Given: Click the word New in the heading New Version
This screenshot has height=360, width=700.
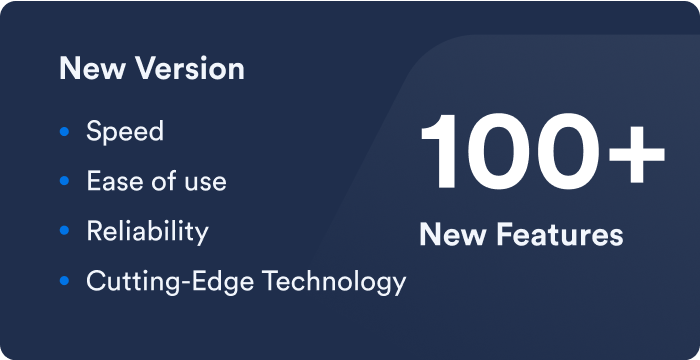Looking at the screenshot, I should pos(88,69).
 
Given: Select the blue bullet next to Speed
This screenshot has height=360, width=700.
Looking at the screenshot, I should pos(65,131).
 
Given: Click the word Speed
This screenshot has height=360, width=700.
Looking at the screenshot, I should pos(125,132).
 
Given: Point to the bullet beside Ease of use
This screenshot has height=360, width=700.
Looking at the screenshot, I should pos(65,181).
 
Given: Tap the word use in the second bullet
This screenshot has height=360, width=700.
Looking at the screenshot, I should pos(204,182).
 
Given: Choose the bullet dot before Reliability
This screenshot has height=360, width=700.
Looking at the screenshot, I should pos(65,231).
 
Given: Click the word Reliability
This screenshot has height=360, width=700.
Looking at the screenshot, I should pos(147,232).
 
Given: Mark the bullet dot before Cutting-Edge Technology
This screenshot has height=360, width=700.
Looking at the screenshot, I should pos(65,281).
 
